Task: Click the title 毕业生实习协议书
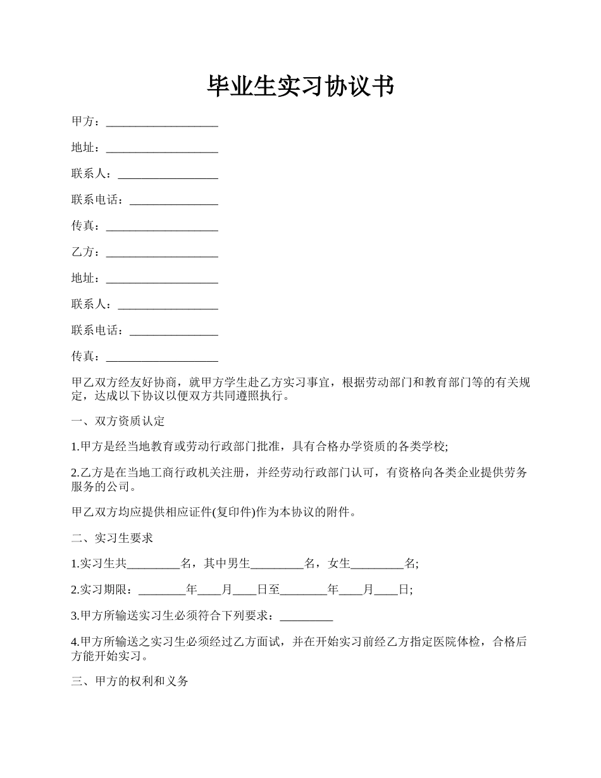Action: click(300, 87)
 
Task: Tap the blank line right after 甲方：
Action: click(162, 121)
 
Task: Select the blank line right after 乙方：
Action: click(162, 252)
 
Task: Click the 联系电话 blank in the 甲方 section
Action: click(173, 200)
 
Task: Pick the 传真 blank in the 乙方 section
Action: click(162, 357)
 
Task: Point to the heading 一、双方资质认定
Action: click(118, 421)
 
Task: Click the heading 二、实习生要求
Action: click(113, 538)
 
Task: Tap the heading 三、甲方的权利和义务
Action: click(130, 682)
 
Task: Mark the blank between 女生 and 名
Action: click(377, 564)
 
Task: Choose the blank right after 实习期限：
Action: click(162, 590)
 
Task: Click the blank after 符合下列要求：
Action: click(306, 616)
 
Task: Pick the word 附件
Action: click(337, 512)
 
